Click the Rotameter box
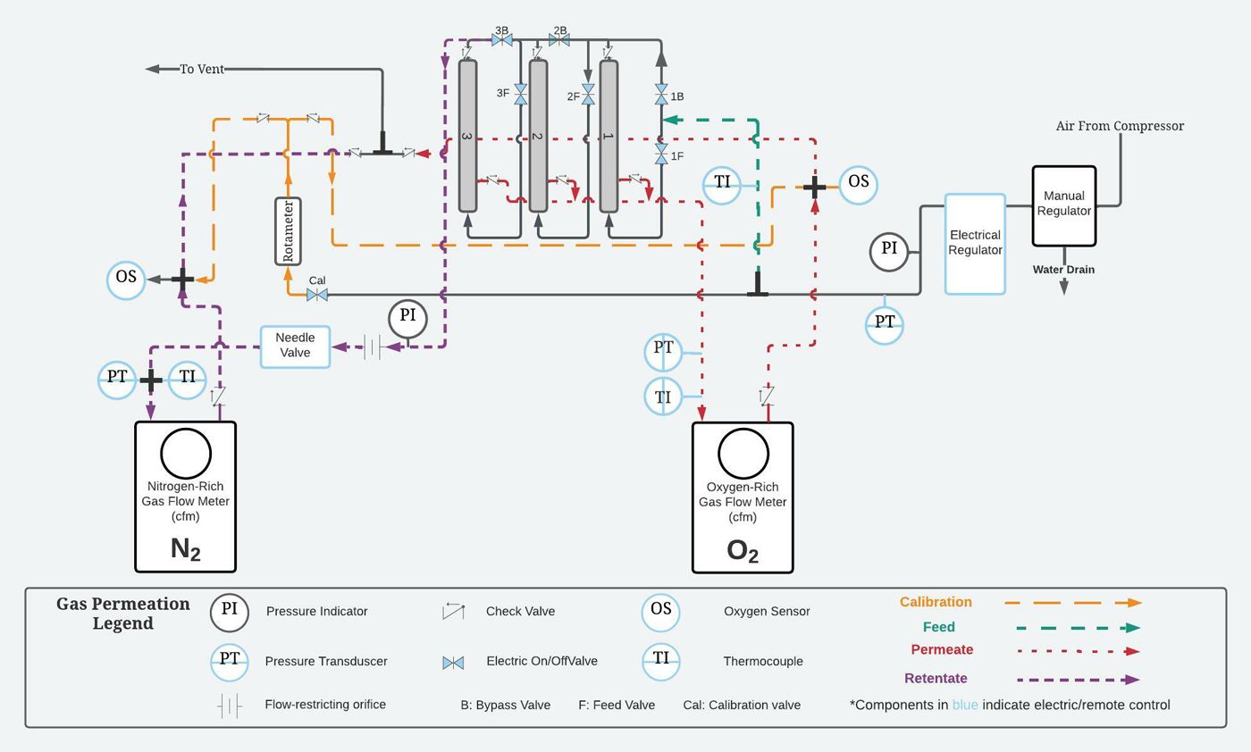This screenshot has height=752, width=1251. coord(288,231)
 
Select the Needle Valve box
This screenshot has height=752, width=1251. coord(295,346)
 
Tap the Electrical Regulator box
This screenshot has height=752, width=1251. coord(975,243)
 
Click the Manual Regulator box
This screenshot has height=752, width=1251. coord(1063,205)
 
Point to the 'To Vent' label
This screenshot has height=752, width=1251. coord(202,69)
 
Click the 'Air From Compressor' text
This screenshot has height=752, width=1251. coord(1120,126)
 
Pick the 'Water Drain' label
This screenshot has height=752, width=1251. coord(1063,270)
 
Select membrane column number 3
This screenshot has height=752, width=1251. coord(467,136)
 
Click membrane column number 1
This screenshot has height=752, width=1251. coord(609,136)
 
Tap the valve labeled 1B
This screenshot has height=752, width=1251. coord(661,95)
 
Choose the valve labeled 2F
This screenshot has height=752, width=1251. coord(588,96)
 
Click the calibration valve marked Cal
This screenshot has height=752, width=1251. coord(317,295)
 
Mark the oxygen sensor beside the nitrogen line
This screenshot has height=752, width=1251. coord(126,279)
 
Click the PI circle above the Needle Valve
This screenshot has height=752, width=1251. coord(407,317)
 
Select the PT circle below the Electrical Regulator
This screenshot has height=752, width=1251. coord(884,323)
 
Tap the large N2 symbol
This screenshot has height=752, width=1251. coord(185,548)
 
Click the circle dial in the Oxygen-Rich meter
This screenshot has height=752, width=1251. coord(743,454)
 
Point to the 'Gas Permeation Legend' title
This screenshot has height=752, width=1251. coord(123,614)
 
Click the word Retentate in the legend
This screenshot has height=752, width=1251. coord(936,679)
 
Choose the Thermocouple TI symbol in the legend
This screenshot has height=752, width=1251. coord(660,661)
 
